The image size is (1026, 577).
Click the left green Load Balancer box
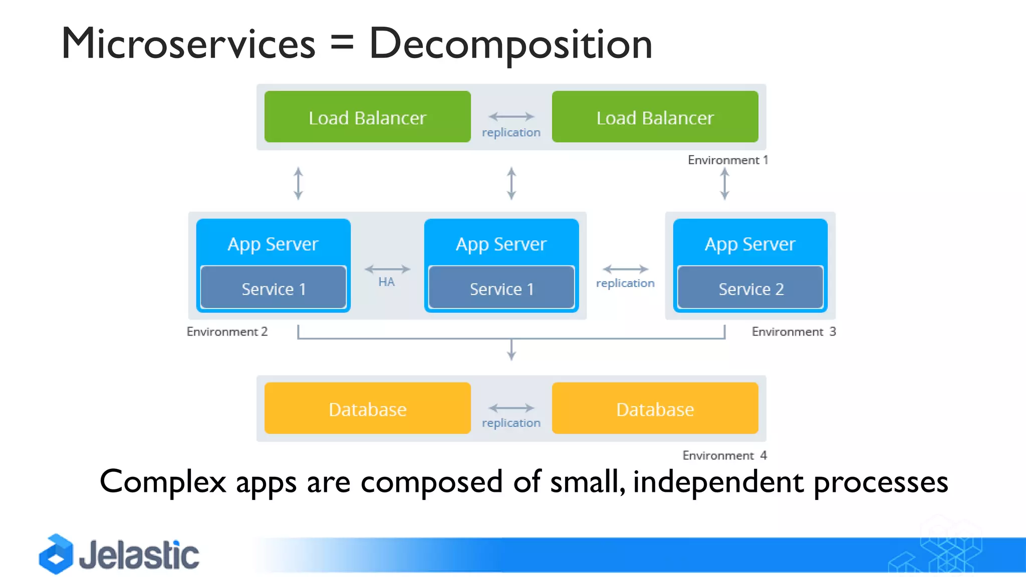367,117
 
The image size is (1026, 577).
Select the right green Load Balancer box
655,117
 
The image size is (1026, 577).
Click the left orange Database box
367,408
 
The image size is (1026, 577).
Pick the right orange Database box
655,408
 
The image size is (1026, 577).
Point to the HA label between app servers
386,282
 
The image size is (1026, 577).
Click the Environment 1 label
727,160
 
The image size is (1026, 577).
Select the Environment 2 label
227,332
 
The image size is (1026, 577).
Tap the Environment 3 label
794,332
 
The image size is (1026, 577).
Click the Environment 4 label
724,455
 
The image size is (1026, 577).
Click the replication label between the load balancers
511,132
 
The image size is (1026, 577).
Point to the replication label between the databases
511,423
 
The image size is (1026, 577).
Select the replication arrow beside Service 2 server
625,269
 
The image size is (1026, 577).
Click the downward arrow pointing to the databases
511,351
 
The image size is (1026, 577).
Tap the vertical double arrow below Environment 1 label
724,184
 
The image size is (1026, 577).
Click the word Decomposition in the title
510,44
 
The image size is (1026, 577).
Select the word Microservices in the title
188,44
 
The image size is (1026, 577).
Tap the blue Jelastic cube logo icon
56,554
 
